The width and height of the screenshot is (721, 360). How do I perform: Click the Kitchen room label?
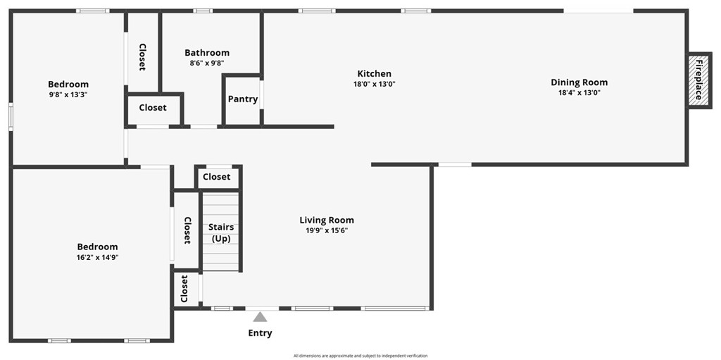click(x=374, y=74)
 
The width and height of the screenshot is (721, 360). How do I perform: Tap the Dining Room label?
click(x=579, y=82)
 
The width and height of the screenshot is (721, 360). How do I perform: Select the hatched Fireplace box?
click(x=699, y=81)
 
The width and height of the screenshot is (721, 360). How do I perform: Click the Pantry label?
click(x=243, y=99)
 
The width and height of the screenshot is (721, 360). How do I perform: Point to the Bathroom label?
click(x=207, y=53)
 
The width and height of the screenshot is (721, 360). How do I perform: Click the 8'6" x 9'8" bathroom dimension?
click(x=207, y=63)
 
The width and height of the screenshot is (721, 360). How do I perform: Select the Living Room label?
click(x=327, y=221)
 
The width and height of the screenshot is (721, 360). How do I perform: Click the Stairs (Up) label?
click(x=221, y=232)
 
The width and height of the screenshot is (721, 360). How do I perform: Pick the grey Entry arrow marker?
click(x=261, y=317)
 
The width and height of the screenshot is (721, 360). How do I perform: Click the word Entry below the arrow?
click(x=260, y=333)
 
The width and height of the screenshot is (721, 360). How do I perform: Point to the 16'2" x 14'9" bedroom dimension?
click(x=97, y=257)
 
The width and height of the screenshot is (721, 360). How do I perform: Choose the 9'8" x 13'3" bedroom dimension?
click(x=68, y=94)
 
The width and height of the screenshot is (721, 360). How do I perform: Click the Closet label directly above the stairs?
click(x=217, y=177)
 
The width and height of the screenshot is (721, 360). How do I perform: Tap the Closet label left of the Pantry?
click(x=153, y=108)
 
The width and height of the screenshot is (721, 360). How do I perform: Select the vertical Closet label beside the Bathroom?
click(x=142, y=57)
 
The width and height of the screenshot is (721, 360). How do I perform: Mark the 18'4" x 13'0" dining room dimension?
click(x=579, y=92)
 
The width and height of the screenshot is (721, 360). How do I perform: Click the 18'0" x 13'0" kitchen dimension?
click(x=374, y=84)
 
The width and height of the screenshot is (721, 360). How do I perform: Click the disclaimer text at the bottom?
click(x=360, y=356)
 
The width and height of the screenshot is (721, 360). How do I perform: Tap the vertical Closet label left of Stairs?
click(x=187, y=230)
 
